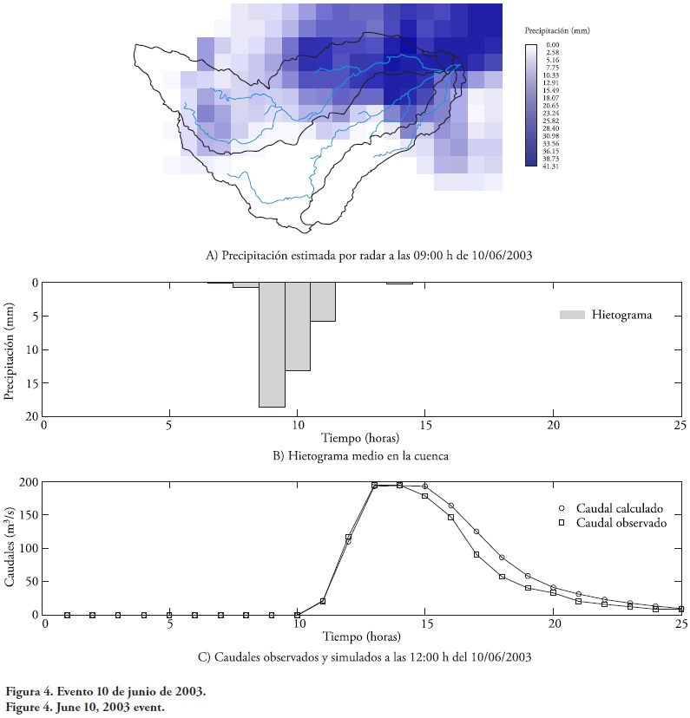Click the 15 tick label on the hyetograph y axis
(32, 383)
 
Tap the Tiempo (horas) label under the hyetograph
(361, 438)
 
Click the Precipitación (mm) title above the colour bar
(556, 30)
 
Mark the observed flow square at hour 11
(323, 601)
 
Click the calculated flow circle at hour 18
(502, 558)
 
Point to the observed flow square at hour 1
(67, 615)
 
